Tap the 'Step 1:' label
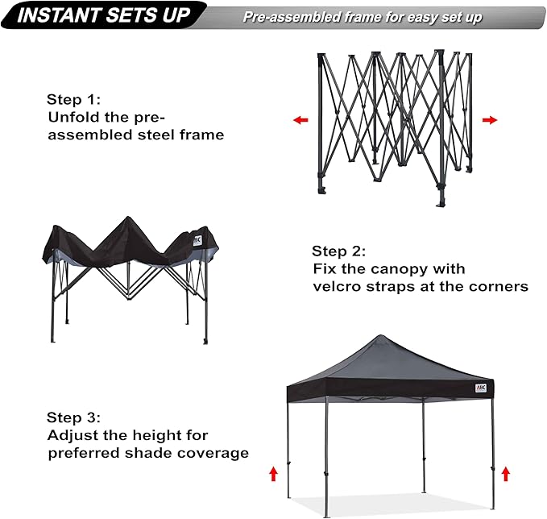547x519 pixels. (x=73, y=100)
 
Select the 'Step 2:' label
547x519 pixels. (x=339, y=251)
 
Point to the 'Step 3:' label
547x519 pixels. (x=73, y=417)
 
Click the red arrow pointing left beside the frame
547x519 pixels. (x=300, y=120)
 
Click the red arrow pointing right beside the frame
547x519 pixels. (x=489, y=120)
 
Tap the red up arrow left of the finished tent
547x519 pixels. (x=273, y=473)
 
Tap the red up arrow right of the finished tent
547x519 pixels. (x=505, y=473)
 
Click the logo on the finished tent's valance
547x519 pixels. (x=480, y=388)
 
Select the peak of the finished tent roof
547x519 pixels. (x=392, y=337)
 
